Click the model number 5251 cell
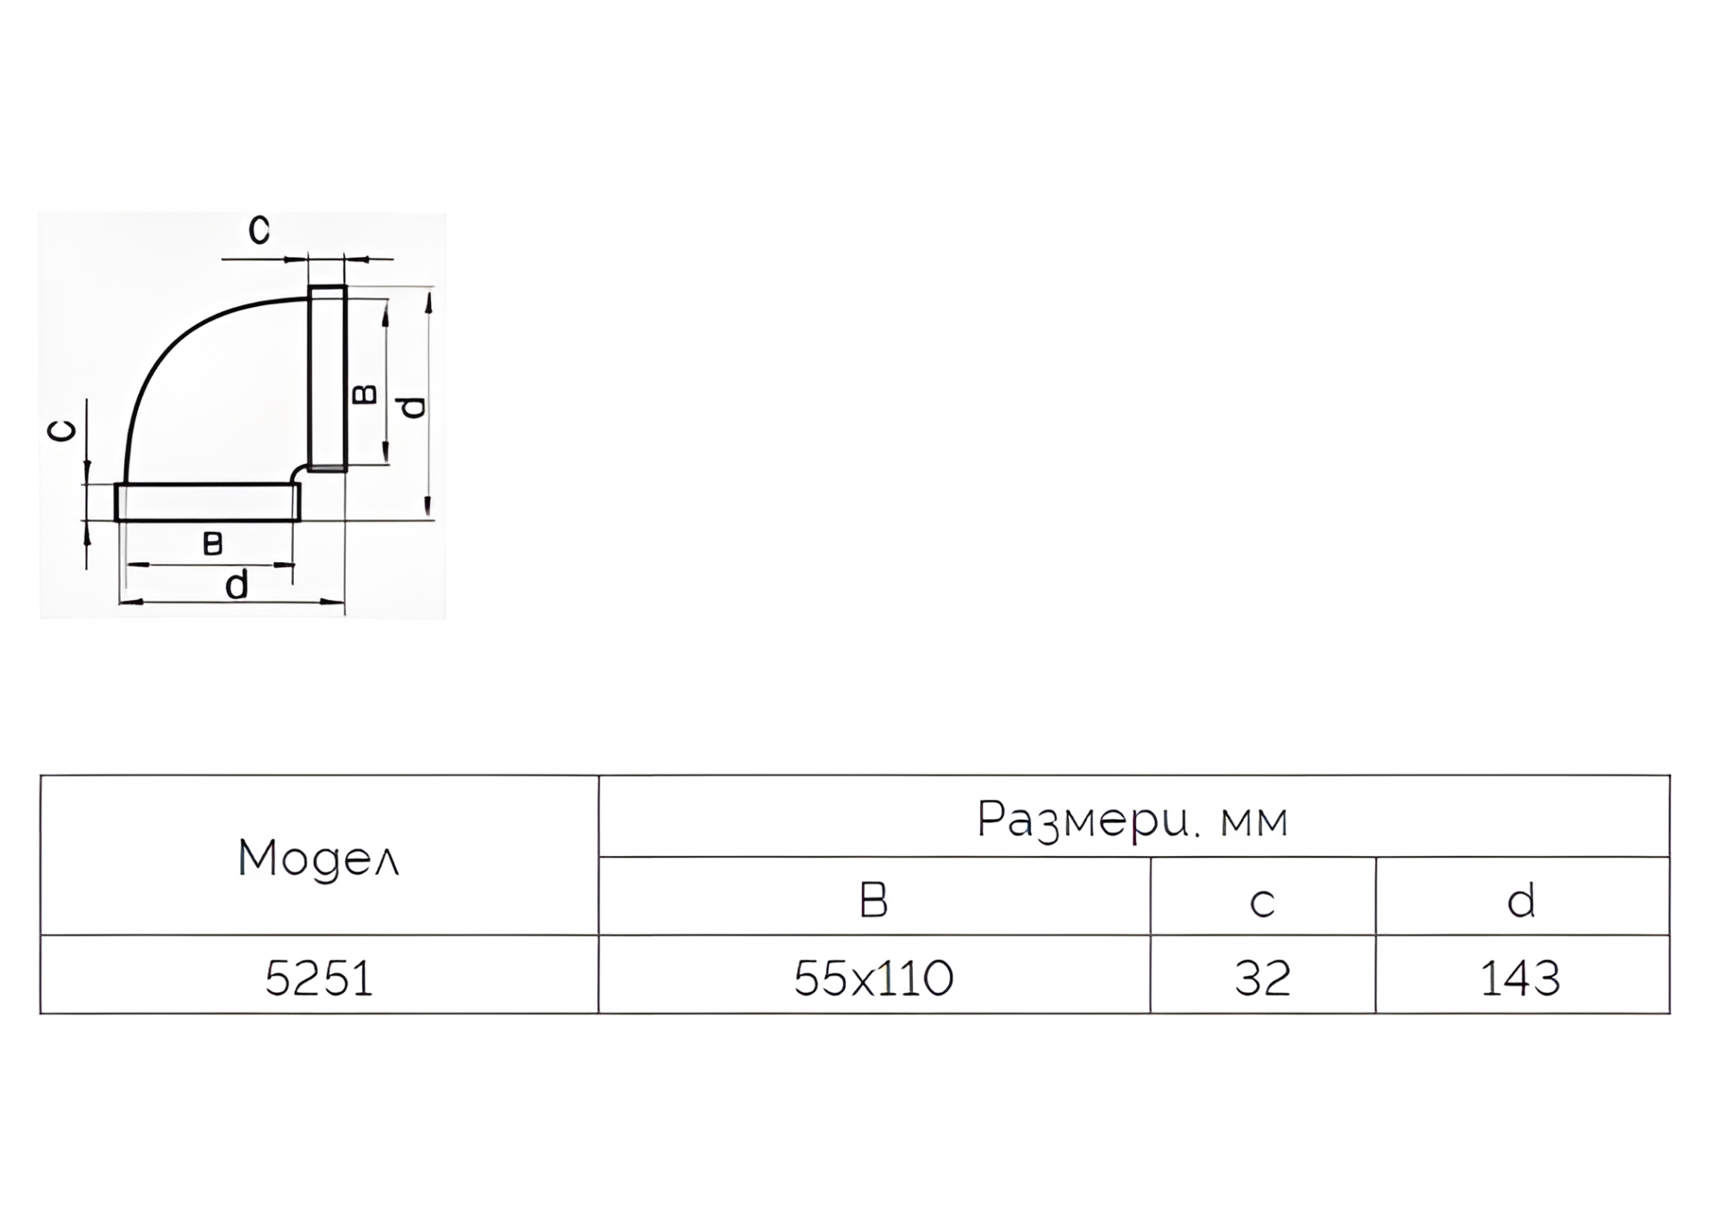pyautogui.click(x=319, y=978)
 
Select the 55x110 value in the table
pyautogui.click(x=873, y=978)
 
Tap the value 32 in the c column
pyautogui.click(x=1262, y=978)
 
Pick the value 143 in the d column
pyautogui.click(x=1521, y=978)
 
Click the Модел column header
pyautogui.click(x=319, y=859)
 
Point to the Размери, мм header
pyautogui.click(x=1133, y=819)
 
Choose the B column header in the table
pyautogui.click(x=873, y=900)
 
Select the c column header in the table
pyautogui.click(x=1262, y=903)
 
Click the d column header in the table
pyautogui.click(x=1521, y=900)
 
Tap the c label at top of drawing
pyautogui.click(x=259, y=229)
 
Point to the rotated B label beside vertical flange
pyautogui.click(x=365, y=395)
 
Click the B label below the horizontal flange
pyautogui.click(x=212, y=544)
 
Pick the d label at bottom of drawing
pyautogui.click(x=236, y=584)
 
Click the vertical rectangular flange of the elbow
pyautogui.click(x=328, y=378)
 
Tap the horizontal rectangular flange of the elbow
pyautogui.click(x=208, y=503)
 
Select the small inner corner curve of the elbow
pyautogui.click(x=296, y=472)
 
